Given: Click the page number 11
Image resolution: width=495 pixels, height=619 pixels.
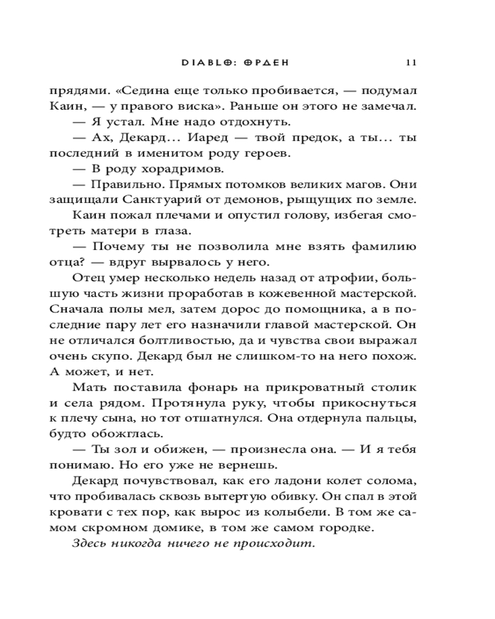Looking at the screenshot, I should point(411,62).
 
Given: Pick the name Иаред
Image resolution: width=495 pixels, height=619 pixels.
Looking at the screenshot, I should point(204,139).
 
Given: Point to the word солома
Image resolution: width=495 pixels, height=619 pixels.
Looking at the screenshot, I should point(392,480).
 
